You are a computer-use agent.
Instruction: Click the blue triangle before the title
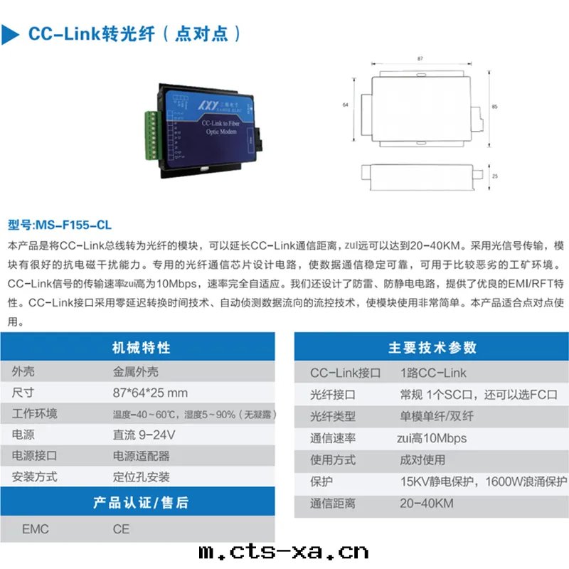(9, 34)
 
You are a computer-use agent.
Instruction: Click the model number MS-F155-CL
(74, 225)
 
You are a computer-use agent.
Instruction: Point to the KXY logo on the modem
(208, 105)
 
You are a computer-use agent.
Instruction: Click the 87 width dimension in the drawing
(420, 58)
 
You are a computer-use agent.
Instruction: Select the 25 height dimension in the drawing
(495, 176)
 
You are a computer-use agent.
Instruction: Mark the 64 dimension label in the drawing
(346, 105)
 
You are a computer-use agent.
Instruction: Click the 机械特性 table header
(141, 347)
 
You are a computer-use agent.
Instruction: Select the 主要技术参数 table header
(432, 347)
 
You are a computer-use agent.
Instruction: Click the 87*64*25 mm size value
(150, 393)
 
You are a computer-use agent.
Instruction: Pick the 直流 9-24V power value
(144, 435)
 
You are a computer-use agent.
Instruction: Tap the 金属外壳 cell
(135, 371)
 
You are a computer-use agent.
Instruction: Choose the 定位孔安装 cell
(141, 477)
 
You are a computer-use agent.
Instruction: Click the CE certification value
(121, 529)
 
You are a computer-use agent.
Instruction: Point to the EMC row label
(35, 529)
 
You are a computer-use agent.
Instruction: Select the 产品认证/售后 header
(141, 503)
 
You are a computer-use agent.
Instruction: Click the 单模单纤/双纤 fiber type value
(437, 416)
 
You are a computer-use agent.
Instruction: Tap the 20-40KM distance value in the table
(427, 504)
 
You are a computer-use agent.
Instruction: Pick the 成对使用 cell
(422, 459)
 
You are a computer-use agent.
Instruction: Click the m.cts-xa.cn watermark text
(284, 552)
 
